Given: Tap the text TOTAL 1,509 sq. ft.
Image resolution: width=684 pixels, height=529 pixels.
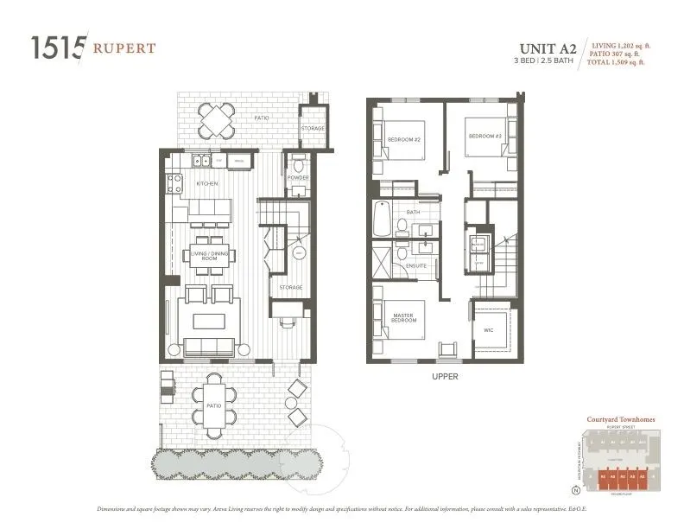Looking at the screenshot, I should pos(617,62).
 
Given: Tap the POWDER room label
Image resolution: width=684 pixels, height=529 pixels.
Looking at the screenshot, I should pos(298,178).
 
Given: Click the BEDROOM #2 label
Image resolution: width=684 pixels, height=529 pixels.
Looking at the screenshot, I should pos(403,139).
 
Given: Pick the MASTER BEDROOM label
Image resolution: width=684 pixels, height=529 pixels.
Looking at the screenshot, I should pos(403,318).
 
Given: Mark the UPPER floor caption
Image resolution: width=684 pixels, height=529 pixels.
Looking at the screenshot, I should pos(446,377).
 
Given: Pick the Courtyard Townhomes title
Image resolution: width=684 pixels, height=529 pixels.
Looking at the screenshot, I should pos(620,419).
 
